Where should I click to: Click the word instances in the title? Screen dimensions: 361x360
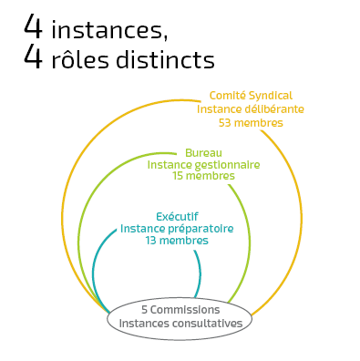coord(108,30)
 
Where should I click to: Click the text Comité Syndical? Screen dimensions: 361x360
coord(250,95)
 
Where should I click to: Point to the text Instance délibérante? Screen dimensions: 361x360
coord(250,108)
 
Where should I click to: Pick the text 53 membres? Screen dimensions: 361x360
coord(250,122)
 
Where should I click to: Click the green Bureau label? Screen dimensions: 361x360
coord(203,152)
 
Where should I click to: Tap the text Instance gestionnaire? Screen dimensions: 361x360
coord(203,164)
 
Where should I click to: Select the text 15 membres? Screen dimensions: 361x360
coord(203,176)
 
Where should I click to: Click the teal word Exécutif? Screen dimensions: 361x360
coord(177,216)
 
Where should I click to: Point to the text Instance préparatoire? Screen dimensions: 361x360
coord(177,228)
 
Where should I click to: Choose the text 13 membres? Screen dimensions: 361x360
coord(177,241)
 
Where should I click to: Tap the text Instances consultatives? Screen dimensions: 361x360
coord(180,323)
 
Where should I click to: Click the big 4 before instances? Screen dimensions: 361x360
coord(34,26)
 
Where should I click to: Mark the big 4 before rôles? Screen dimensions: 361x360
coord(34,57)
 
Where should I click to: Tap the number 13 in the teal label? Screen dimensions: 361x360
coord(151,241)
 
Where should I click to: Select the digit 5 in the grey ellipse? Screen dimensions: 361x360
coord(144,310)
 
